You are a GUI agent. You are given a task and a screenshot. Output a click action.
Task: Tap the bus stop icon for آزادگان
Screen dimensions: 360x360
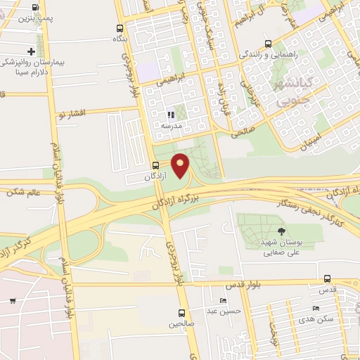click(155, 165)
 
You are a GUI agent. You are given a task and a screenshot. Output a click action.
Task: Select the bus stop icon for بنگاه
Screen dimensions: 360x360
click(120, 29)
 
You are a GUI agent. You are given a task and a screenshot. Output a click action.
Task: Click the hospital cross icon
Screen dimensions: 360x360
click(31, 51)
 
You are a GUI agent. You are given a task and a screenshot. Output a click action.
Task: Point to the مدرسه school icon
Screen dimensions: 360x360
click(169, 115)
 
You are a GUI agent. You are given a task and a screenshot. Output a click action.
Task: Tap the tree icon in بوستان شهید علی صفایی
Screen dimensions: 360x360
click(282, 231)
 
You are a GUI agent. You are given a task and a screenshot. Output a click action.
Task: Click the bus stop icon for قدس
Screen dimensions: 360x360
click(328, 279)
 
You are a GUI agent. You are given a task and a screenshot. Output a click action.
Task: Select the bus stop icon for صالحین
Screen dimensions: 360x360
click(181, 313)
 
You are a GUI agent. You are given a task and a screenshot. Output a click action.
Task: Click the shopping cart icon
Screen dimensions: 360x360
click(13, 301)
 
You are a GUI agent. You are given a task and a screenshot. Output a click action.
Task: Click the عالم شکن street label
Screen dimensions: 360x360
click(23, 191)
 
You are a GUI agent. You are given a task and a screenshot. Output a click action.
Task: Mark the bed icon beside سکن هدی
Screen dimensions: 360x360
click(316, 308)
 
